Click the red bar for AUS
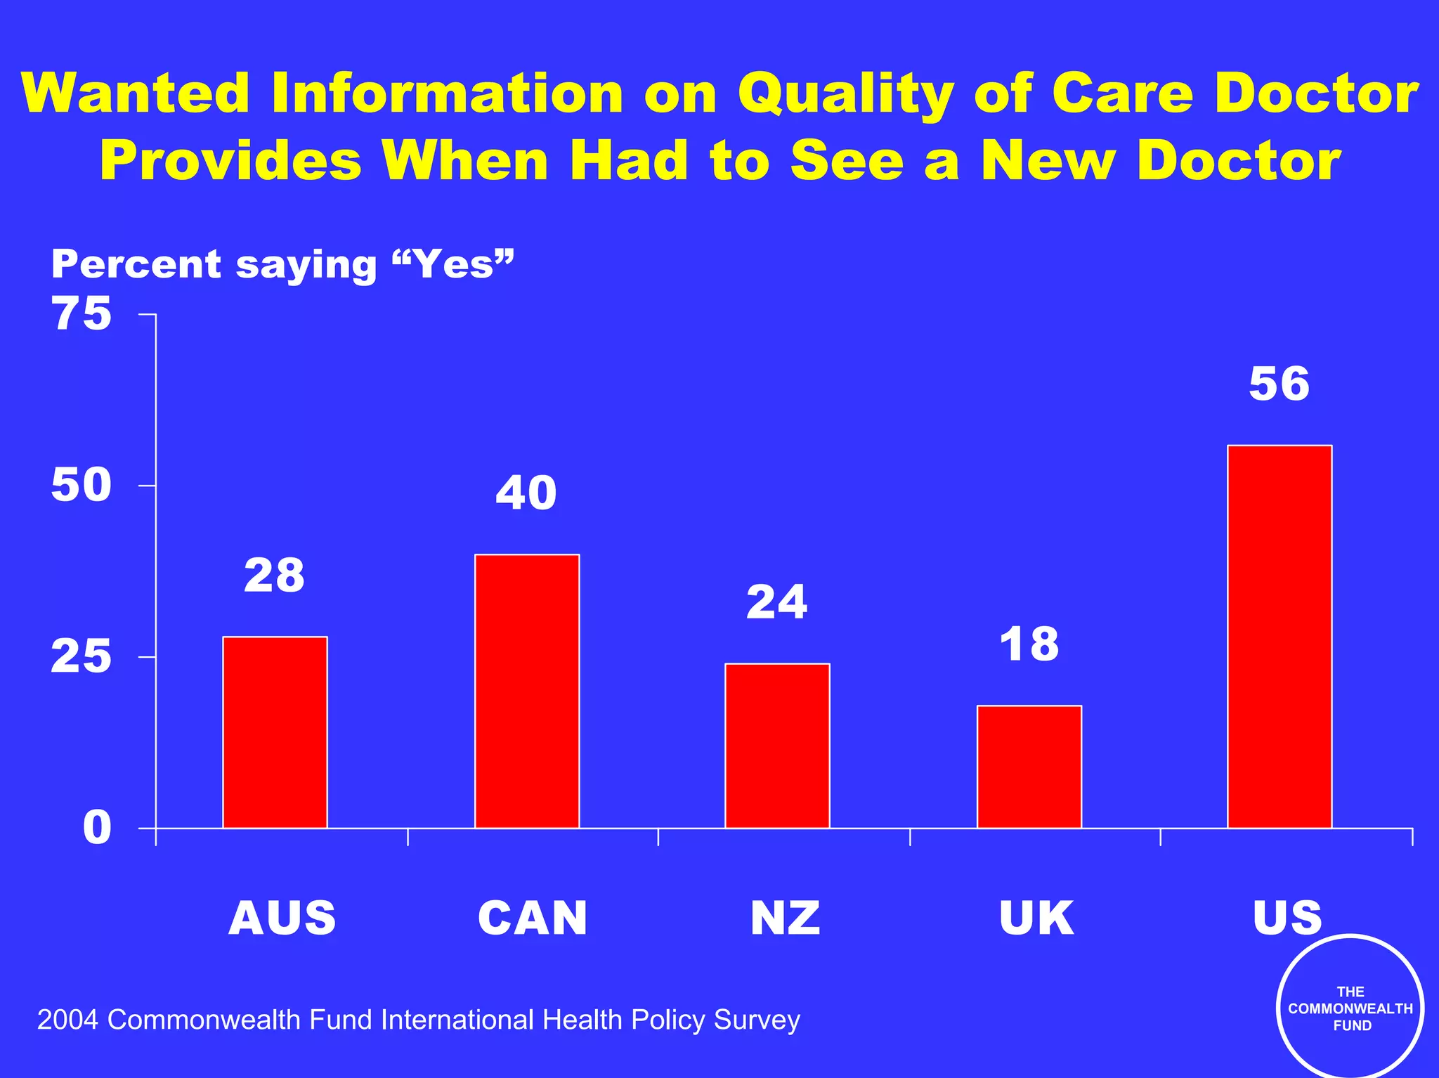(x=275, y=732)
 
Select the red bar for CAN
(x=527, y=691)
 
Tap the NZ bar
(x=777, y=745)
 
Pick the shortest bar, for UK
(x=1029, y=766)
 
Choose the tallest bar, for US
(x=1280, y=636)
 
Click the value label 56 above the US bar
(x=1279, y=384)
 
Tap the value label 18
(x=1029, y=644)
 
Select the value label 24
(x=776, y=602)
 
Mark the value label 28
(x=274, y=576)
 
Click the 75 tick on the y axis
(x=82, y=313)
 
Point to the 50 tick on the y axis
(x=82, y=485)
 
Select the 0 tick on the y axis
(x=97, y=828)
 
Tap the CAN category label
(x=533, y=918)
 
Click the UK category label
(x=1036, y=918)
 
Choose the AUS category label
(x=282, y=918)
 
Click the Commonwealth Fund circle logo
(x=1350, y=1008)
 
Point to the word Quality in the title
(x=845, y=95)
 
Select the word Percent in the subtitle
(x=136, y=264)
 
